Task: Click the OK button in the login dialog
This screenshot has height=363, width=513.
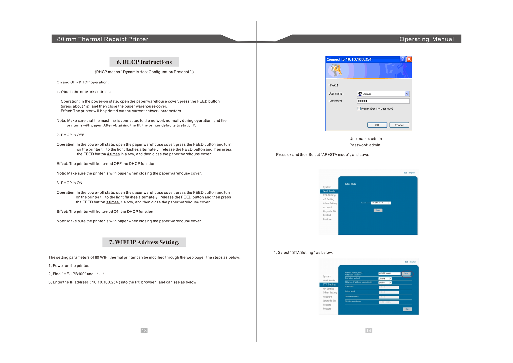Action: [x=377, y=125]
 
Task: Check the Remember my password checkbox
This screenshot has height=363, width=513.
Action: [x=359, y=108]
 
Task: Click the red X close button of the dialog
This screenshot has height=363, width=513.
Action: [x=409, y=59]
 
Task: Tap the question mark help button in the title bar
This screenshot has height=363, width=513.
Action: [x=403, y=59]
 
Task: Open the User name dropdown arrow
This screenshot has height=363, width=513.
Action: [x=407, y=94]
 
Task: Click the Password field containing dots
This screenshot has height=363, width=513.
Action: [x=383, y=101]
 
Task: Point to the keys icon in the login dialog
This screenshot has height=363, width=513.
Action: [x=336, y=70]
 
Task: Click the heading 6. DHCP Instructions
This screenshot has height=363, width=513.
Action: [x=144, y=62]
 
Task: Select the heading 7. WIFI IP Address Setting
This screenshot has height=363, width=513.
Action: [x=144, y=242]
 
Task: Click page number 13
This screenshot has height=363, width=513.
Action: [x=144, y=331]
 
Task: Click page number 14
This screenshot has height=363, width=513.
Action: [x=369, y=331]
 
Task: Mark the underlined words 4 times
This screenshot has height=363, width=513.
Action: [x=113, y=154]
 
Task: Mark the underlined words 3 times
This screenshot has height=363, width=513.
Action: [x=113, y=202]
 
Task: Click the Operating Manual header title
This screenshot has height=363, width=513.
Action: [x=426, y=39]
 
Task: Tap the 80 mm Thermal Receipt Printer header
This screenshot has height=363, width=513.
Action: [x=103, y=39]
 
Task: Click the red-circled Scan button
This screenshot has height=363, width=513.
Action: [x=406, y=274]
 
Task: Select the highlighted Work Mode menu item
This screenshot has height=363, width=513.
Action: [x=329, y=191]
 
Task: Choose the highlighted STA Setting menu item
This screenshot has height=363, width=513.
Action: [x=329, y=285]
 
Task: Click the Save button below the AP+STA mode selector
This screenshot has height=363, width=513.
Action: [x=378, y=210]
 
